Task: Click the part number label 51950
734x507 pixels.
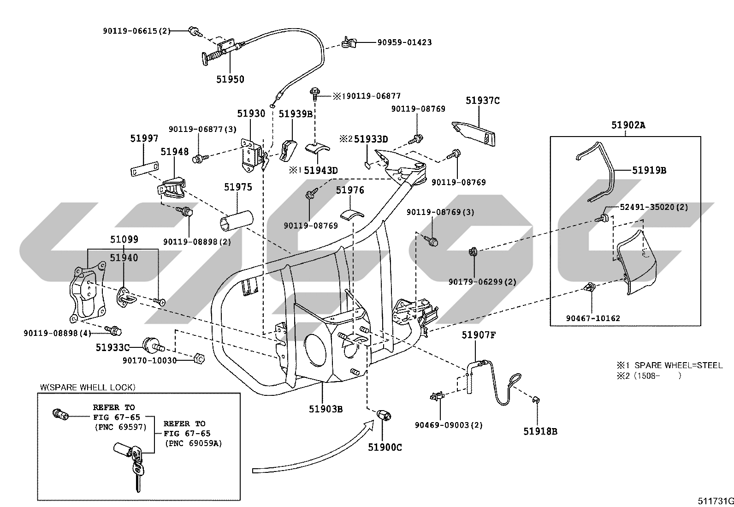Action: coord(230,79)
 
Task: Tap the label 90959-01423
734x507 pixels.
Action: coord(404,42)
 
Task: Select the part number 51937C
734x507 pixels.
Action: coord(483,101)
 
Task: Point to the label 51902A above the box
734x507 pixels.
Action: coord(628,125)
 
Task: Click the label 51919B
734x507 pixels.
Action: coord(649,170)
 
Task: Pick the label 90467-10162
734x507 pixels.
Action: coord(593,318)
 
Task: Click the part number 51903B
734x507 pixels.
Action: coord(326,409)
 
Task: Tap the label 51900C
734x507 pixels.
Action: coord(385,447)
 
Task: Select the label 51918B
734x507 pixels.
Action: coord(540,431)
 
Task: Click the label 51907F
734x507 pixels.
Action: coord(479,335)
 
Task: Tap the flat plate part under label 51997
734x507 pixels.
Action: coord(144,169)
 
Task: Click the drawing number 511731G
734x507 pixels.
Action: coord(716,501)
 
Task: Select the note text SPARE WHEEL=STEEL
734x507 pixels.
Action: coord(678,365)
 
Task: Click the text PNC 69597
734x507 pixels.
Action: coord(120,427)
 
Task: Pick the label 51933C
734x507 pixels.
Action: coord(112,347)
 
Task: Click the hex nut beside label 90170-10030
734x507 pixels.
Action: coord(199,358)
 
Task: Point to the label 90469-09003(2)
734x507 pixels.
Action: coord(449,425)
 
